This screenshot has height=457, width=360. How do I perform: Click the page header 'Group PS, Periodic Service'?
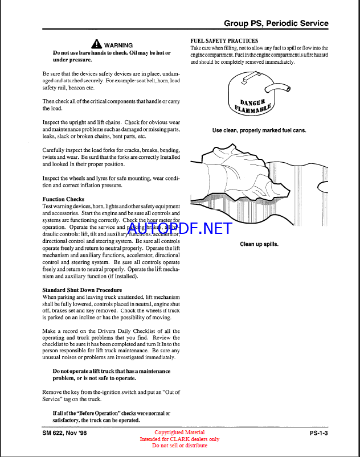pos(276,23)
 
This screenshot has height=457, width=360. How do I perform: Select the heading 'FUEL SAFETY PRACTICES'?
pos(224,41)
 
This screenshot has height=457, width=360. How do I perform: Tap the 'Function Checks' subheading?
pos(63,199)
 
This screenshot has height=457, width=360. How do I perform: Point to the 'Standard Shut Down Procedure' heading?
pos(82,290)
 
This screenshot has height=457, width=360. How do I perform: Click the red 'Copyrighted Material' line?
pos(179,433)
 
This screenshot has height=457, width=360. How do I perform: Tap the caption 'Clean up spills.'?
pos(259,244)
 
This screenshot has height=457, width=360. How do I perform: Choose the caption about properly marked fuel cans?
pos(259,130)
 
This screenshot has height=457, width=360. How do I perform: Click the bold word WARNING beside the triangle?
pos(118,45)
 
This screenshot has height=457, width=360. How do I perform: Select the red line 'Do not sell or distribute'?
pos(179,446)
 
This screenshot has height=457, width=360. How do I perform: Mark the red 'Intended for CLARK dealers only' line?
pos(179,439)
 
